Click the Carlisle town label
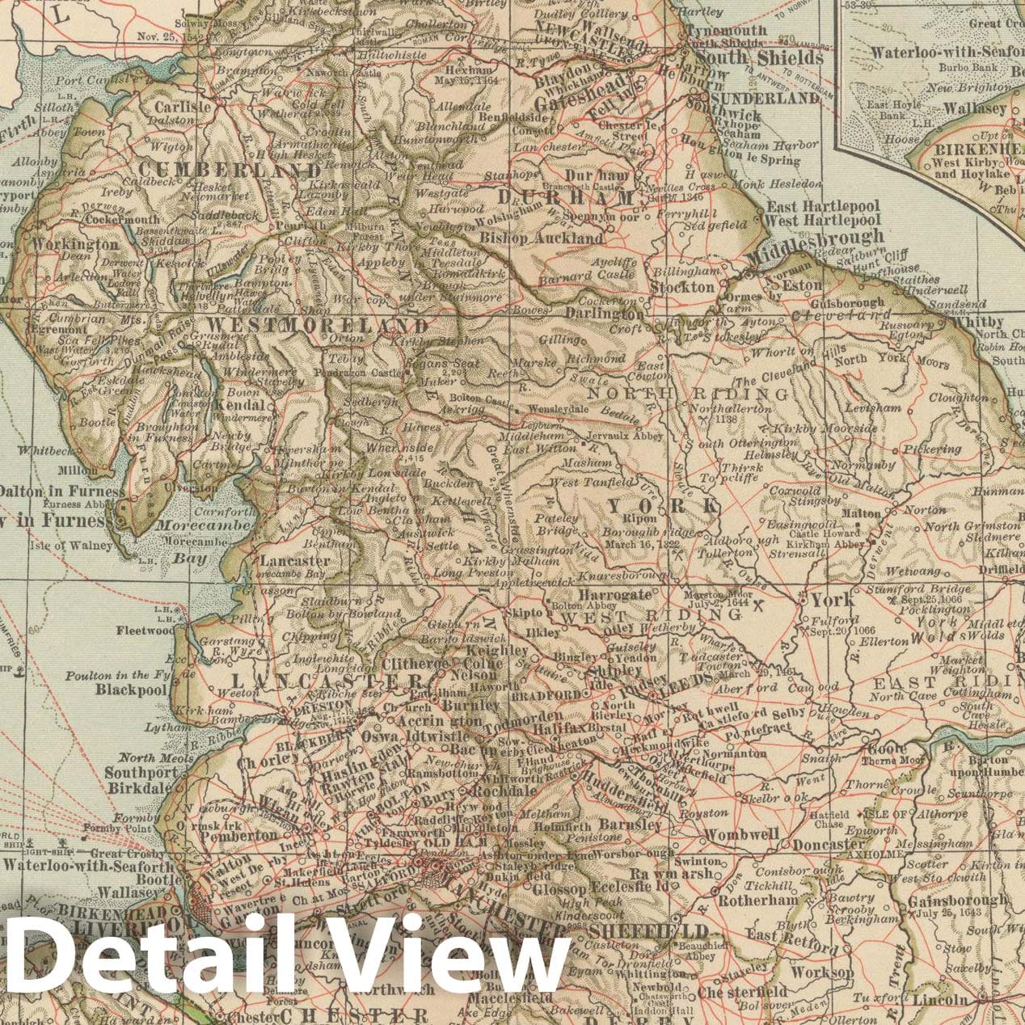tap(183, 107)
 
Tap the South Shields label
tap(760, 58)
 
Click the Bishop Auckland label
tap(542, 238)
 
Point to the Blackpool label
tap(130, 690)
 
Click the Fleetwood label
tap(145, 630)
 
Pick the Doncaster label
tap(829, 845)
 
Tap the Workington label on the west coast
tap(75, 243)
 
